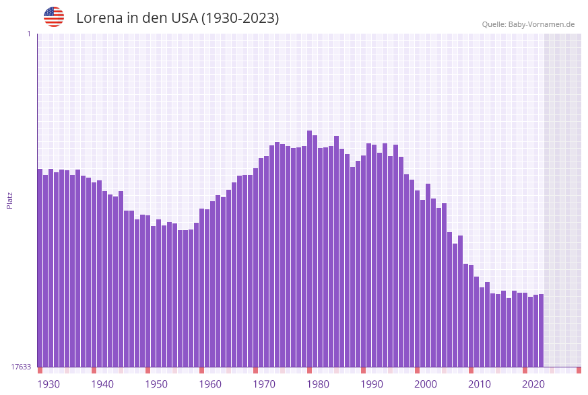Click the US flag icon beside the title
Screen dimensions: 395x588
[54, 17]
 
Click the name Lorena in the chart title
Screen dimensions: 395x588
[99, 18]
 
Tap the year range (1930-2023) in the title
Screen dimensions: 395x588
[240, 18]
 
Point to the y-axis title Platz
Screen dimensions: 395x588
[9, 200]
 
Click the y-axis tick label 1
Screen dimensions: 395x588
[29, 34]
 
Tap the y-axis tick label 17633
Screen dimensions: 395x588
[21, 367]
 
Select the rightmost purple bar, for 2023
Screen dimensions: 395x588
[541, 330]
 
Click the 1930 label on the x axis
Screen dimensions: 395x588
[48, 384]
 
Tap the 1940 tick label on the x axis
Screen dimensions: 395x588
[102, 384]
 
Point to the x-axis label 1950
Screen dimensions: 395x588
[156, 384]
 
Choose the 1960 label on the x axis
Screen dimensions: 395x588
[210, 384]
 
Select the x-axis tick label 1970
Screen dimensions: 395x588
[264, 384]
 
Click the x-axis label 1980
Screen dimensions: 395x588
[318, 384]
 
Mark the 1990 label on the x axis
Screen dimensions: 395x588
[372, 384]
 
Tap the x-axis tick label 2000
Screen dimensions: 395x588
[426, 384]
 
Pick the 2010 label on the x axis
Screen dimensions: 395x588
[480, 384]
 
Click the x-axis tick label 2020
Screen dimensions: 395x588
[533, 384]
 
